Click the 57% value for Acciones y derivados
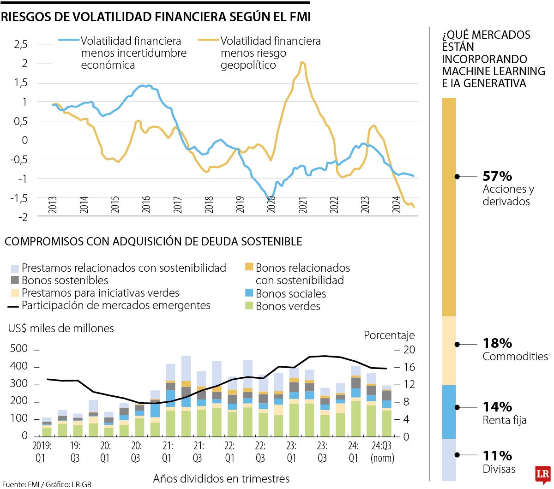497,176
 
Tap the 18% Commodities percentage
497,343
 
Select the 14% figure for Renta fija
497,407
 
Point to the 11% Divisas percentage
497,456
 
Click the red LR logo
543,475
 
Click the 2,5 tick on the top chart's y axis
21,45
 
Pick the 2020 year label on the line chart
271,204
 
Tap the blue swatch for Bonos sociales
249,293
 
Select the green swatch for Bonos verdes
249,305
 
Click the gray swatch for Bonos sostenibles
15,280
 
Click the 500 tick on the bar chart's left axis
19,349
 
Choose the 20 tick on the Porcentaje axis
409,350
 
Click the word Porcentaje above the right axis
389,335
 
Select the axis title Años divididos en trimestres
221,479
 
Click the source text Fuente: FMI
19,484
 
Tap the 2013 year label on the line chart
53,204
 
